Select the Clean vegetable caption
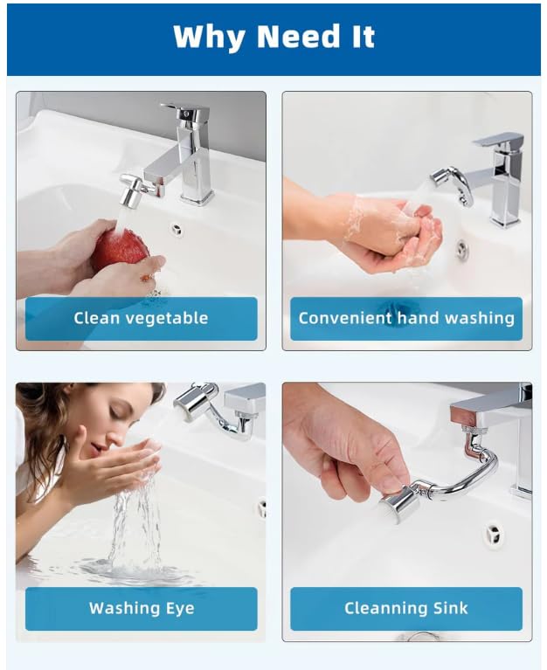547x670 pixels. pyautogui.click(x=141, y=318)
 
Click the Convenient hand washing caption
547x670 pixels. pyautogui.click(x=406, y=318)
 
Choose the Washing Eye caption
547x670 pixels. pyautogui.click(x=141, y=608)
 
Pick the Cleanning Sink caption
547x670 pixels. pyautogui.click(x=406, y=608)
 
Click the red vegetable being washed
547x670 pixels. pyautogui.click(x=120, y=249)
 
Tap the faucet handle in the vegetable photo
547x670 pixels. pyautogui.click(x=185, y=112)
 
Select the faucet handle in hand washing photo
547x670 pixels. pyautogui.click(x=500, y=140)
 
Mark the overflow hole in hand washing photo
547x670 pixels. pyautogui.click(x=461, y=251)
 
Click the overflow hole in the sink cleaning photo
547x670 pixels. pyautogui.click(x=495, y=535)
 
